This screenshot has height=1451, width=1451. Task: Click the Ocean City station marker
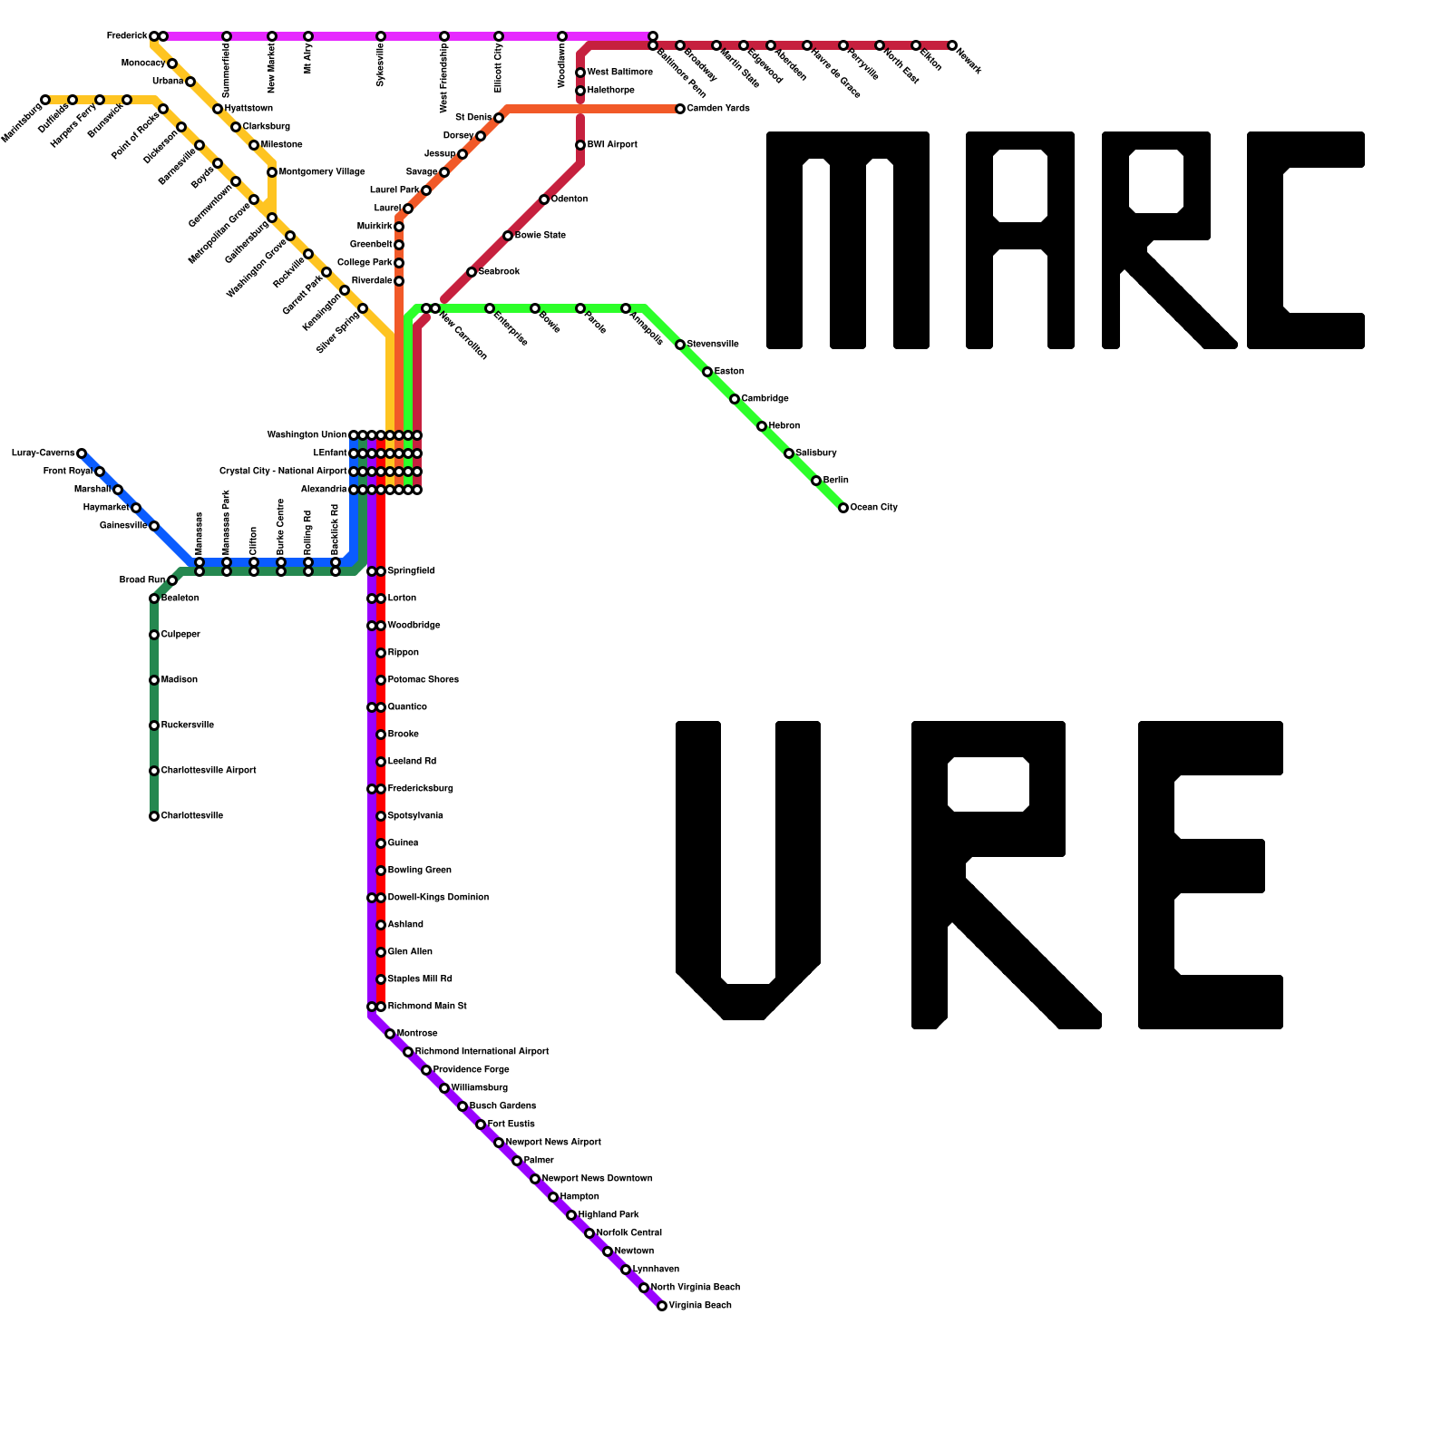click(x=843, y=508)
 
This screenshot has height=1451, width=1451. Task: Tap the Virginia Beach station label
click(x=700, y=1306)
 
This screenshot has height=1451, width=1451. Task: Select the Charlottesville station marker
click(x=154, y=816)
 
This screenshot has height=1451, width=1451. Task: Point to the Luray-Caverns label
click(x=43, y=453)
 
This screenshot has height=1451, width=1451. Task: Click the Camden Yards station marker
click(x=680, y=109)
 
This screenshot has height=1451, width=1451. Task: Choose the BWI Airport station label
click(x=612, y=145)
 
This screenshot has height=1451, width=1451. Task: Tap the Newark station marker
click(x=952, y=45)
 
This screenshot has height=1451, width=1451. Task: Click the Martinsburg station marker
click(x=45, y=100)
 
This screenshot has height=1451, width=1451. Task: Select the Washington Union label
click(x=307, y=435)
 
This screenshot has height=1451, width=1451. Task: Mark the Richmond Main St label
click(x=427, y=1007)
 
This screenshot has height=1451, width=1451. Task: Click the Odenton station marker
click(x=544, y=200)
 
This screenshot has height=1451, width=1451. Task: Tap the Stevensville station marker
click(x=680, y=345)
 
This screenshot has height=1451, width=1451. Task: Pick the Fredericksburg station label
click(x=421, y=789)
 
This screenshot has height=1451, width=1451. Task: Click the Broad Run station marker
click(x=172, y=580)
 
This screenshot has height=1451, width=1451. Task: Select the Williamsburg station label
click(x=480, y=1088)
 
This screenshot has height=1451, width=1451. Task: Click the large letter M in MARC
click(x=847, y=240)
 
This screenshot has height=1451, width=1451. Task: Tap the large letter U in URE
click(x=748, y=871)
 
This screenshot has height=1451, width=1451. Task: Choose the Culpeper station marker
click(x=154, y=635)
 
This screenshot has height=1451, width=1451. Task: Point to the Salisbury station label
click(x=816, y=453)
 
